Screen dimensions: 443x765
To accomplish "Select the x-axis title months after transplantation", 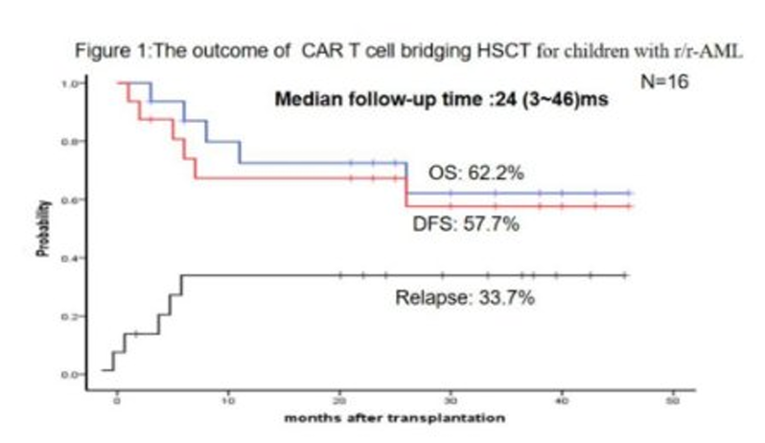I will pos(395,418).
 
